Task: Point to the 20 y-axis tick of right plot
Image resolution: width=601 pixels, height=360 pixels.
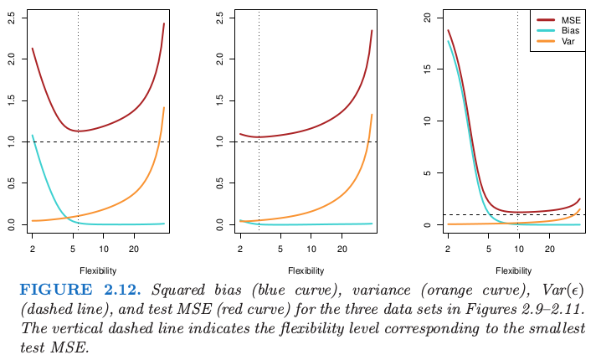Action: [x=427, y=18]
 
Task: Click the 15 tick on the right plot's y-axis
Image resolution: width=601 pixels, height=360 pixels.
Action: [x=427, y=69]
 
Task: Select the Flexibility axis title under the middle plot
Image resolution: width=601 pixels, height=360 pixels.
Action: [x=306, y=271]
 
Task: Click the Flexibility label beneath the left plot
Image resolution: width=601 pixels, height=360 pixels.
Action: [x=98, y=271]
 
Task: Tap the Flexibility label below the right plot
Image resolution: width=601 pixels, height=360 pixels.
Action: [x=514, y=271]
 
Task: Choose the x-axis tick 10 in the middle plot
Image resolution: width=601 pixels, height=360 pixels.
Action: [x=311, y=249]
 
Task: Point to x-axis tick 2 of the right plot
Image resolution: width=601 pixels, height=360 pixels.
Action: [x=448, y=249]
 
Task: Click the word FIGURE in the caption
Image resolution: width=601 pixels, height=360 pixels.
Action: [x=51, y=290]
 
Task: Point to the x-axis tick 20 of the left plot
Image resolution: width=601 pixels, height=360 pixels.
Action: [x=134, y=249]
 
